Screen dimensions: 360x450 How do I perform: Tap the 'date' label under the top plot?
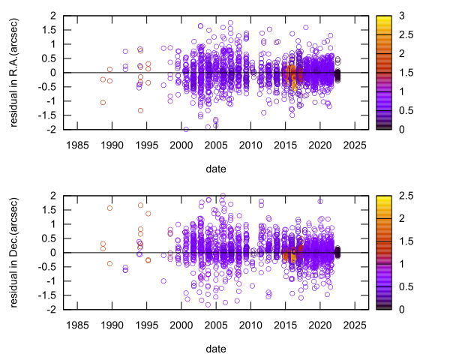point(216,169)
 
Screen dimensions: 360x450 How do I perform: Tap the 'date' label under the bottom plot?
point(216,349)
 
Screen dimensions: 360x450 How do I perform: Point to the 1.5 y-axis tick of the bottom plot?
point(49,209)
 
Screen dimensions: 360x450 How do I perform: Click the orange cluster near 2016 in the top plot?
point(292,75)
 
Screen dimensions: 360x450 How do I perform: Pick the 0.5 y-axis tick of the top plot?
point(49,58)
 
